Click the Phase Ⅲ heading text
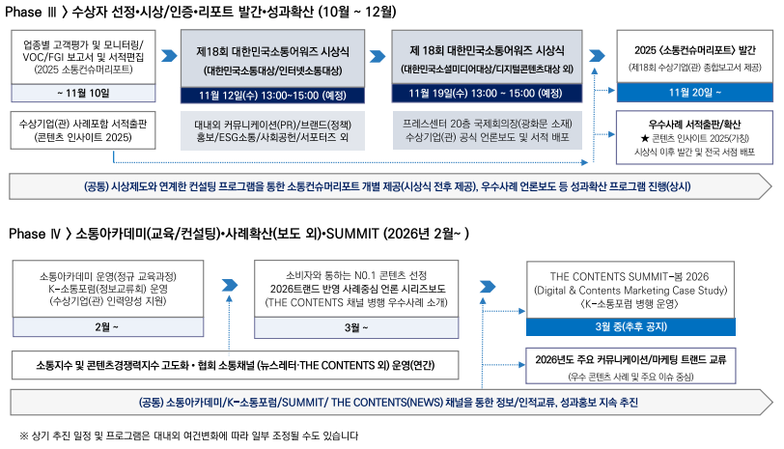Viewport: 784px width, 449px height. (201, 12)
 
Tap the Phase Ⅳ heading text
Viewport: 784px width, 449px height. (239, 234)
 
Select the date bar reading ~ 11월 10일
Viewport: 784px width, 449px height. (83, 93)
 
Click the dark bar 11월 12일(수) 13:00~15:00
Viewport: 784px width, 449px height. (272, 95)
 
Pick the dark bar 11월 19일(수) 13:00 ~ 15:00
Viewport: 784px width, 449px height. (487, 93)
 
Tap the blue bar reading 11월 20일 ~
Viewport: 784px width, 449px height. (694, 93)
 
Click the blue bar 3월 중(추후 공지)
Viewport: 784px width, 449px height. (630, 326)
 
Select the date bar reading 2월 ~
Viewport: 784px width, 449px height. (108, 327)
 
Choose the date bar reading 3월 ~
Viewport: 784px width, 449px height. (356, 327)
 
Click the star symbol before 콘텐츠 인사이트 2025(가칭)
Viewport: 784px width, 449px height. (645, 138)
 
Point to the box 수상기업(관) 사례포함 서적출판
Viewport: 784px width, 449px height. (83, 130)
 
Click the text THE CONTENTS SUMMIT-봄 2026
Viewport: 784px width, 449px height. (630, 276)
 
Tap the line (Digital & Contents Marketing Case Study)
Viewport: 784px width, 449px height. (630, 291)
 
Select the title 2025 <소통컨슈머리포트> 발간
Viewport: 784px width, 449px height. (695, 50)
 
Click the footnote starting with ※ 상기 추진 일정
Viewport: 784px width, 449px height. (189, 435)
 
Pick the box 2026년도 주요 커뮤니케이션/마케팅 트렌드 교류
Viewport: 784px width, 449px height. (630, 366)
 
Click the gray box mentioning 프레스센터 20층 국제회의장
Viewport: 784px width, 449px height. (488, 130)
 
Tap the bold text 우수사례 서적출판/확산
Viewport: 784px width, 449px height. (694, 124)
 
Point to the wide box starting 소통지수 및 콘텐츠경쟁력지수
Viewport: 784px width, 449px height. (235, 365)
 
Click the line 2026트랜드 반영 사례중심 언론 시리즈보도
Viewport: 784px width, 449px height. (357, 289)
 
